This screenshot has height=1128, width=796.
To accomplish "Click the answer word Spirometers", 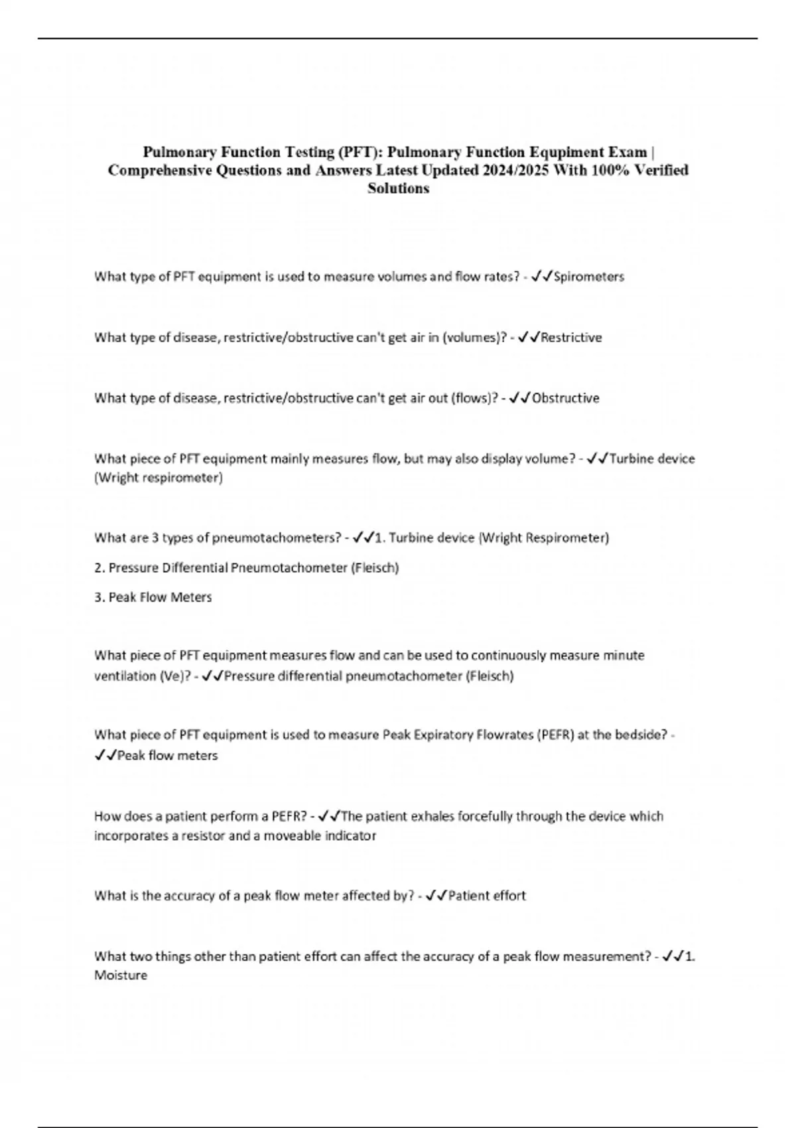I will tap(588, 277).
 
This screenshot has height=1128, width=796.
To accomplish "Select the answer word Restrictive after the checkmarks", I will tap(571, 338).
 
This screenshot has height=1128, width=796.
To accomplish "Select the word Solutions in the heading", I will tap(398, 188).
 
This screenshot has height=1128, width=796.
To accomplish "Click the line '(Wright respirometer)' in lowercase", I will tap(159, 478).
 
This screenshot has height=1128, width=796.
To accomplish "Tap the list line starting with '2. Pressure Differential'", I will tap(247, 568).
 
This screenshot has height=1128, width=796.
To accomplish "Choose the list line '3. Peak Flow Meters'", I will tap(153, 597).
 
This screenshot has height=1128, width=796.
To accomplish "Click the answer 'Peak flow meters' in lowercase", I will tap(167, 756).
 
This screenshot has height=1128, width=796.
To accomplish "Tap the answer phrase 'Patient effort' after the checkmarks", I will tap(487, 896).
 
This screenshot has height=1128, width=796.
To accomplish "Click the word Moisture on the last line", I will tap(121, 975).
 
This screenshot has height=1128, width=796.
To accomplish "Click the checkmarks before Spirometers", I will tap(541, 277).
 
